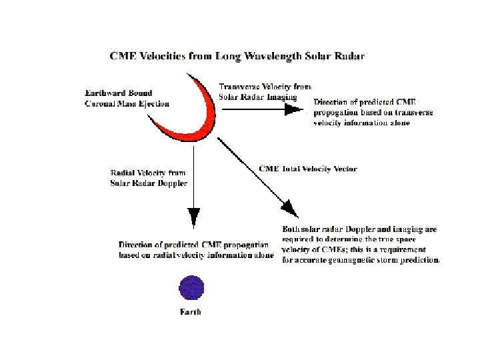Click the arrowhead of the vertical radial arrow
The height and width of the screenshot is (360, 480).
193,217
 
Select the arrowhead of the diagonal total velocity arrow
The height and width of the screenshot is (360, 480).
289,208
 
